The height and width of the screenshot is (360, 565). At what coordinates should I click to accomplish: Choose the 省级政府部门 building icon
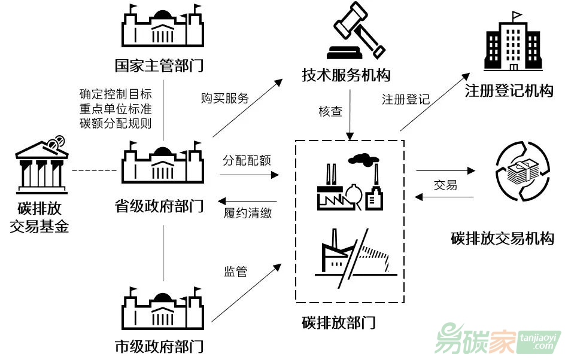coord(162,164)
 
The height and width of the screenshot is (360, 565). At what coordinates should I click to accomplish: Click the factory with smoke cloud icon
coord(350,182)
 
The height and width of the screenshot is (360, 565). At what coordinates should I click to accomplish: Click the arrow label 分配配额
coord(247,160)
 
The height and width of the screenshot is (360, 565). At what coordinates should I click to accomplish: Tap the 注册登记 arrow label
coord(406,99)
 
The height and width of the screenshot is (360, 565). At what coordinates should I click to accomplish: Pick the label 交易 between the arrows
coord(445,185)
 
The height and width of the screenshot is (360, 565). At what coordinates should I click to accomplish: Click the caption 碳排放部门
coord(339,323)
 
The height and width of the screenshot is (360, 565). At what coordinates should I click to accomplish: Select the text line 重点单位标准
coord(115,109)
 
